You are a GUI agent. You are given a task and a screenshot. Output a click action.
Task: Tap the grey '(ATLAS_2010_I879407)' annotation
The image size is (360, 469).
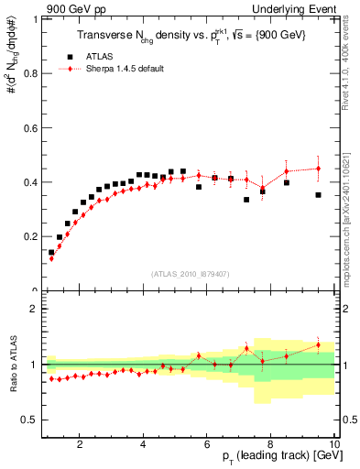pos(190,274)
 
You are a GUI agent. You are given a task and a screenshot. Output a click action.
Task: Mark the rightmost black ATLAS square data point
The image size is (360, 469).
pos(319,195)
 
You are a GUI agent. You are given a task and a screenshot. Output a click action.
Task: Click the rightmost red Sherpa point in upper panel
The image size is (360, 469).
pos(319,169)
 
